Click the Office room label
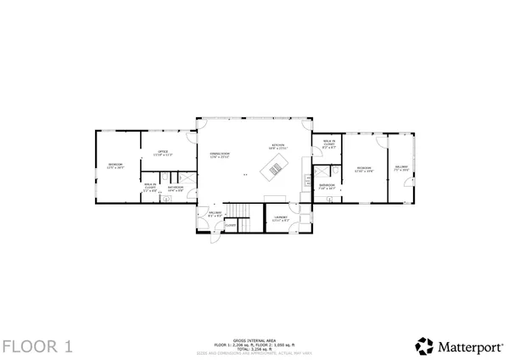click(162, 154)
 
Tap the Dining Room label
click(221, 155)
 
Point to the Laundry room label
click(281, 218)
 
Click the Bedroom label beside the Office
click(115, 166)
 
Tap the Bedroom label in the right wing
click(365, 169)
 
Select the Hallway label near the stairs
click(215, 214)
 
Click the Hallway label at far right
click(401, 168)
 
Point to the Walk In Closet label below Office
click(149, 188)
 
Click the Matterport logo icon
click(422, 346)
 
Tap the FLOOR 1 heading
click(37, 346)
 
